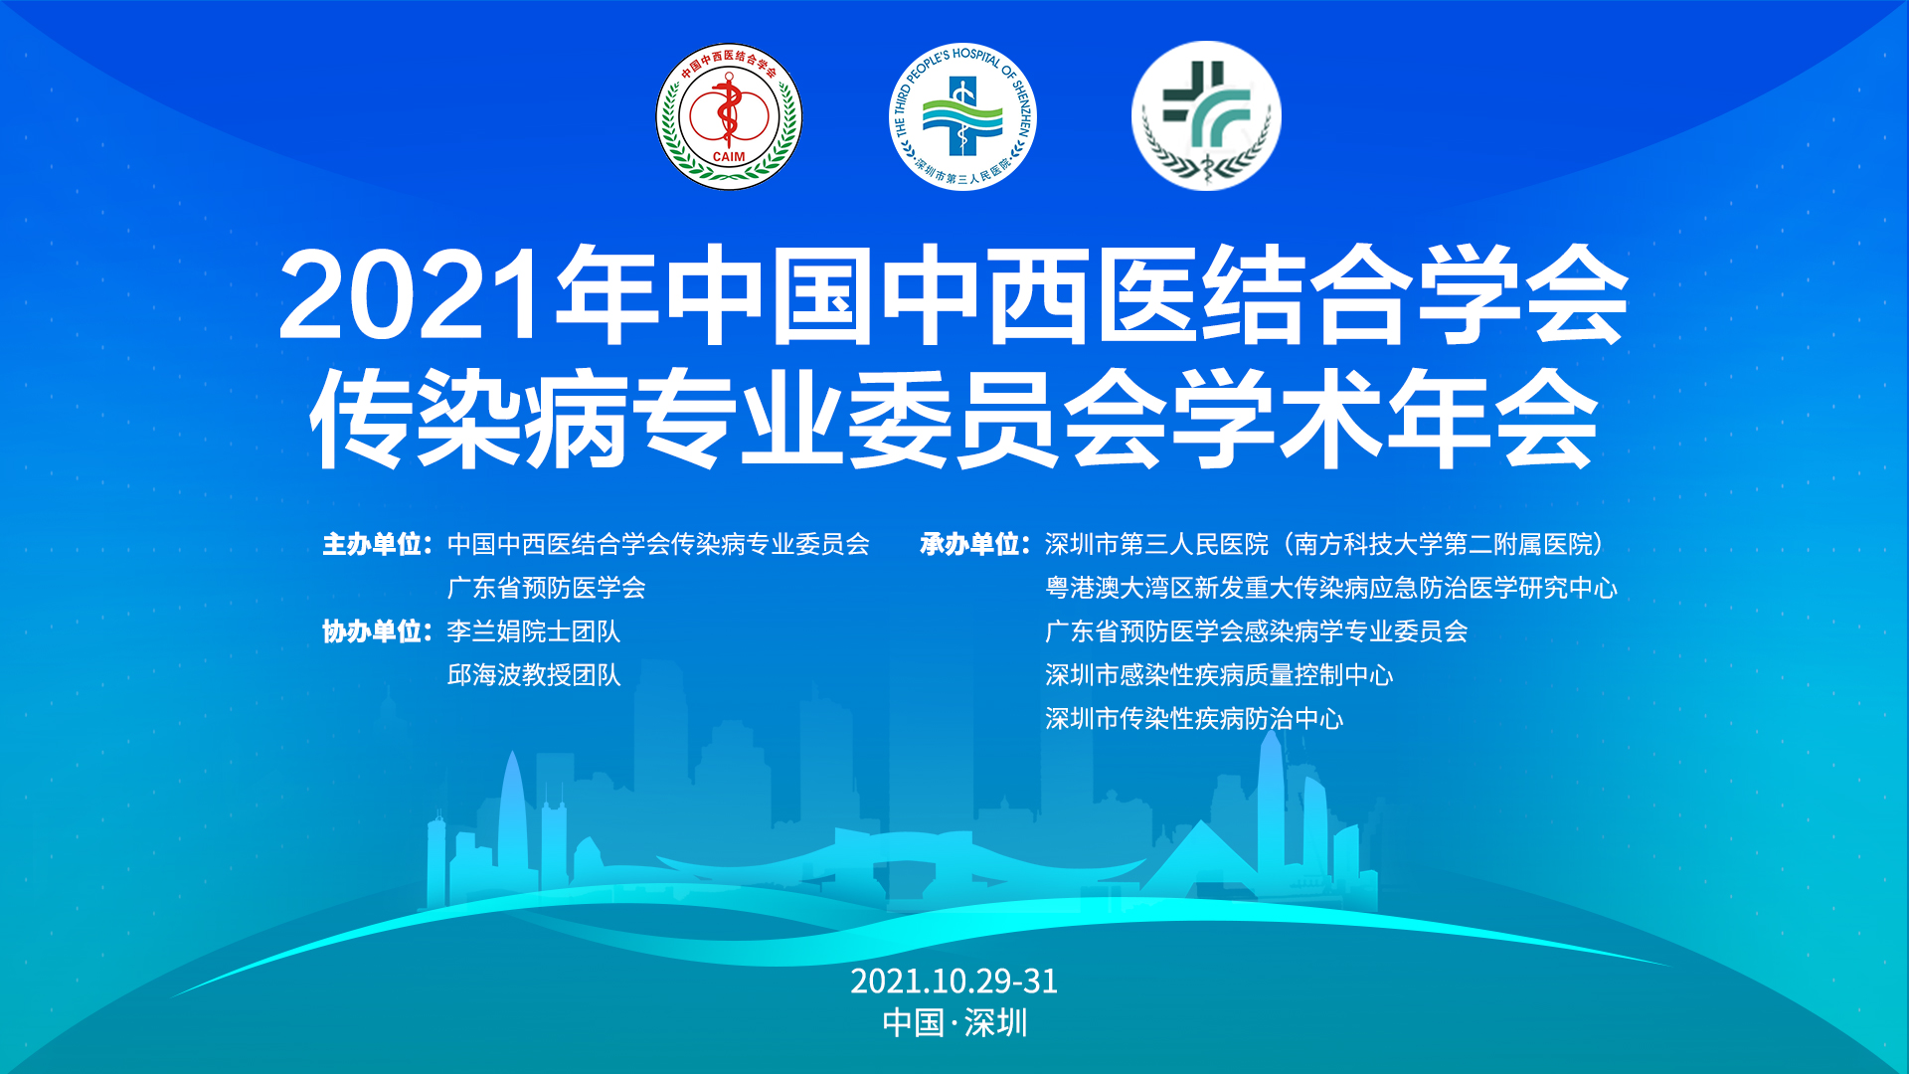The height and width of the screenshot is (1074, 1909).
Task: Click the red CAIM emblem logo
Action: (x=729, y=116)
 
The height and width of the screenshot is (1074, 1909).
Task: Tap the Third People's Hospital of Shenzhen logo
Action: (x=962, y=116)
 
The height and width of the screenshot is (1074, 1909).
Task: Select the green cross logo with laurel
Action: (x=1206, y=116)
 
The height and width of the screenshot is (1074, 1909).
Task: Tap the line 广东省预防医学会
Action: (x=547, y=588)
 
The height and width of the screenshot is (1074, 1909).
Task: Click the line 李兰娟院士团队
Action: (x=534, y=631)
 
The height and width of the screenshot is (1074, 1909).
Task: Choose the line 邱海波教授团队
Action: (x=534, y=675)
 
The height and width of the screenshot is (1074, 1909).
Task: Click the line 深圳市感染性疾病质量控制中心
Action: (x=1219, y=675)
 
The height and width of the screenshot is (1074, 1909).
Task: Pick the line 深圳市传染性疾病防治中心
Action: (x=1194, y=719)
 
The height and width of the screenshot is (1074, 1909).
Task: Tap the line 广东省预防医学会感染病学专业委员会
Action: (x=1257, y=631)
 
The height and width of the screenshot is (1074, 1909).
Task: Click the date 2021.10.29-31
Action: (x=954, y=982)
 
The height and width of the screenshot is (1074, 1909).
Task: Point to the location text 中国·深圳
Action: (x=954, y=1023)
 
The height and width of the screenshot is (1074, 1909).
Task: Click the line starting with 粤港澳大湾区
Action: (x=1331, y=588)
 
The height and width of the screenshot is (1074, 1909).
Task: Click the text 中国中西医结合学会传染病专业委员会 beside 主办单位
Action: (x=658, y=545)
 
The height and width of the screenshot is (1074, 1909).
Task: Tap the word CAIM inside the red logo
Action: (x=729, y=156)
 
